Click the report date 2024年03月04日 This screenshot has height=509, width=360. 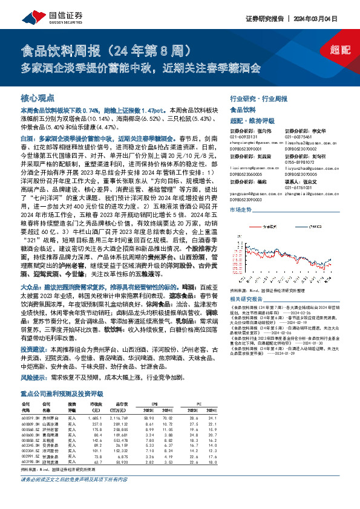(324, 18)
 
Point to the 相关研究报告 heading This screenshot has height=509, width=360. (247, 299)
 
